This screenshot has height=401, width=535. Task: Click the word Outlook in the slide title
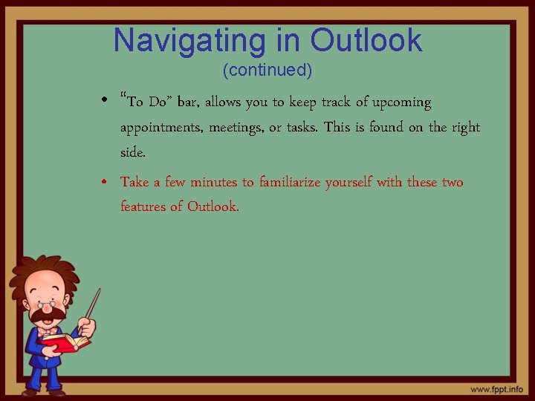click(x=366, y=40)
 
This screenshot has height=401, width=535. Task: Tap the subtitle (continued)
click(x=267, y=71)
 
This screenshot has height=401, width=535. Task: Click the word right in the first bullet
click(x=465, y=127)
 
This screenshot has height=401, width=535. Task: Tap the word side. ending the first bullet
click(x=134, y=152)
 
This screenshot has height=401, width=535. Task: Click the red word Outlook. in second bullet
click(x=213, y=206)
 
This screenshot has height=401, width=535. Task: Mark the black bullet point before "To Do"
click(x=106, y=100)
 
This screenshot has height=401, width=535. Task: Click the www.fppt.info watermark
click(x=496, y=389)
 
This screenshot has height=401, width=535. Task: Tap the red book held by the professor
click(x=65, y=342)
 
